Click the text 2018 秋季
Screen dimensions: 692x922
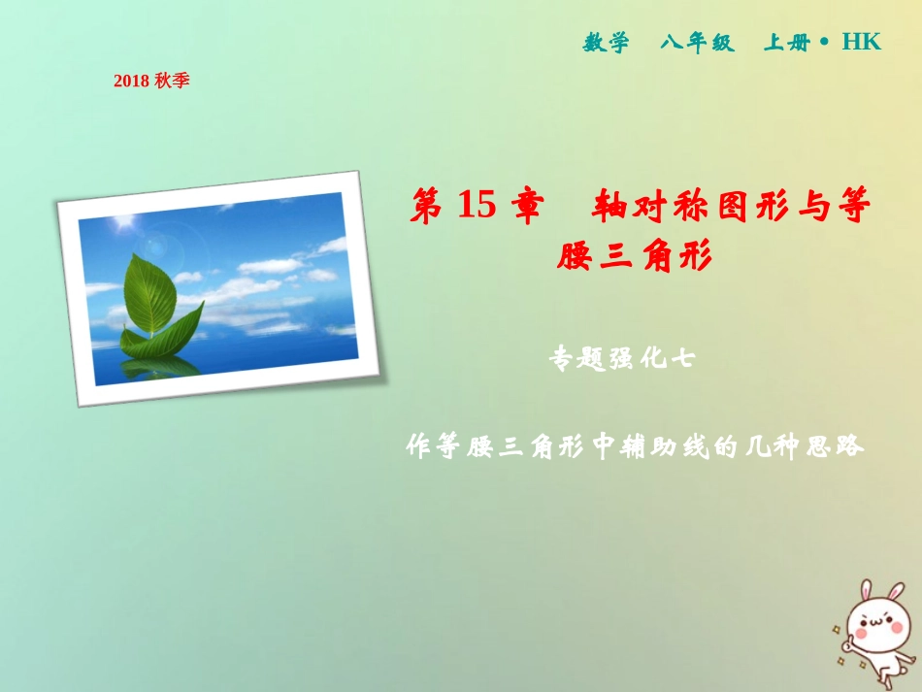[x=150, y=82]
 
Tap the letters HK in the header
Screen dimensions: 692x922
[x=861, y=42]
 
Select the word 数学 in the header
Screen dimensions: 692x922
[x=606, y=43]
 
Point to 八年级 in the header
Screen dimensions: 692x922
[x=698, y=43]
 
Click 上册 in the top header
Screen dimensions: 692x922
[x=786, y=43]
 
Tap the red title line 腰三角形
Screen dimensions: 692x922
[x=636, y=256]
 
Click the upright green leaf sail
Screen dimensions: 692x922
[x=150, y=291]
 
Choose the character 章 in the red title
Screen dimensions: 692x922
[x=525, y=207]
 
